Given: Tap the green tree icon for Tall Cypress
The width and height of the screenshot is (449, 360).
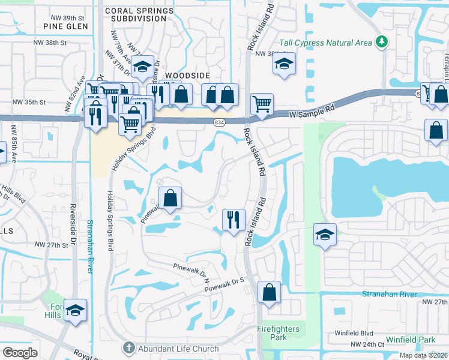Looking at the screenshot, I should (x=381, y=42).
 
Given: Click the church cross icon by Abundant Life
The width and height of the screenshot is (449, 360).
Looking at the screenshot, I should (x=128, y=348).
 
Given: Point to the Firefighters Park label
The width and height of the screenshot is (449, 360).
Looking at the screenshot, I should (x=281, y=334).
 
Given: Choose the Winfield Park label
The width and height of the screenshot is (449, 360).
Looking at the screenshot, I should (x=410, y=340).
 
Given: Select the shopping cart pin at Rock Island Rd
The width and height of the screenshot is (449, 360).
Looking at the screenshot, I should (x=262, y=104).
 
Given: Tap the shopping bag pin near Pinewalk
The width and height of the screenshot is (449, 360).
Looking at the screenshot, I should (x=170, y=197).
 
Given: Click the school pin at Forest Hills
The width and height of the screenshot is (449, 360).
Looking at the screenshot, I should (x=75, y=310).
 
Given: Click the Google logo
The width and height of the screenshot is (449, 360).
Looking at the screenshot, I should (x=20, y=353).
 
